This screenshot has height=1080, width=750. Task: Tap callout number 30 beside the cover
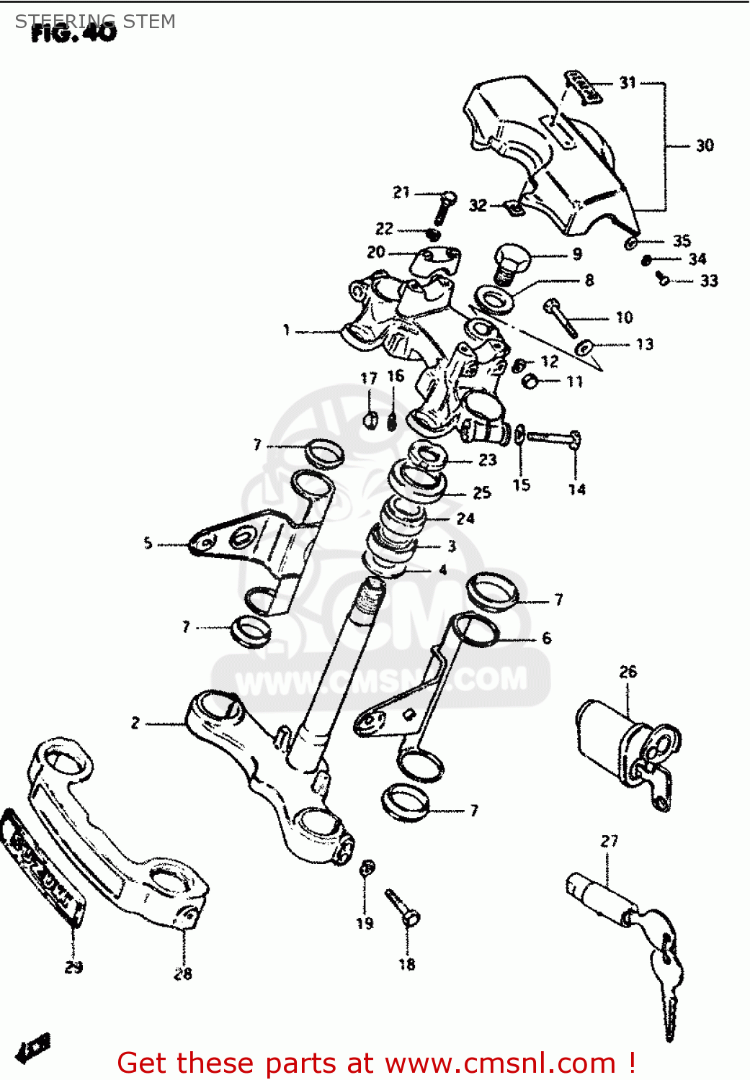pos(705,145)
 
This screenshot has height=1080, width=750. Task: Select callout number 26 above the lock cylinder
pos(628,672)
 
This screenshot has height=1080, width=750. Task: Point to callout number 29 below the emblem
pos(73,967)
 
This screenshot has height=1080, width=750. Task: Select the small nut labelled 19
pos(367,868)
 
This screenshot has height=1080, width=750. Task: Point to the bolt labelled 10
pos(562,319)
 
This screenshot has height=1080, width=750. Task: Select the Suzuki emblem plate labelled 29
pos(43,868)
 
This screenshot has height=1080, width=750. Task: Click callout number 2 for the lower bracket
pos(135,722)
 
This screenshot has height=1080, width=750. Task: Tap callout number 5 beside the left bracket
pos(148,543)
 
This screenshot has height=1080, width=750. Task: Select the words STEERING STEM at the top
pos(95,22)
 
